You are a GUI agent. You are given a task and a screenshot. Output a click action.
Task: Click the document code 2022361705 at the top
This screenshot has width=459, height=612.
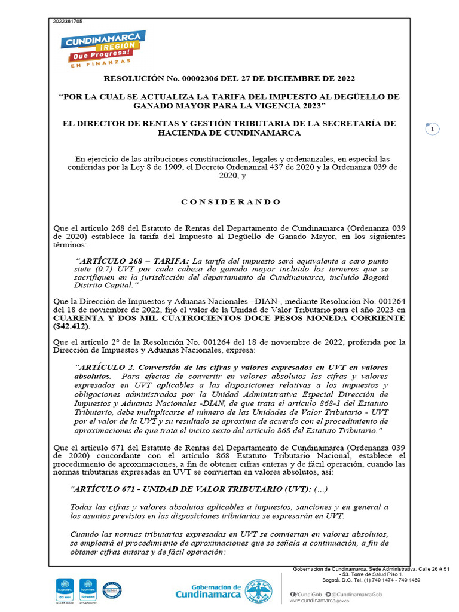click(68, 22)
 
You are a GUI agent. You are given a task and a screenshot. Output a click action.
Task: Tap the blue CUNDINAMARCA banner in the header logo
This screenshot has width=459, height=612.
click(103, 41)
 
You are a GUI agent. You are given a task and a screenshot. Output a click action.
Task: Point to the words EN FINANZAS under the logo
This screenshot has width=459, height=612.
click(100, 62)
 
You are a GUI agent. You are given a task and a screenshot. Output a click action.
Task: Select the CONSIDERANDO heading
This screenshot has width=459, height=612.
click(230, 202)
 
